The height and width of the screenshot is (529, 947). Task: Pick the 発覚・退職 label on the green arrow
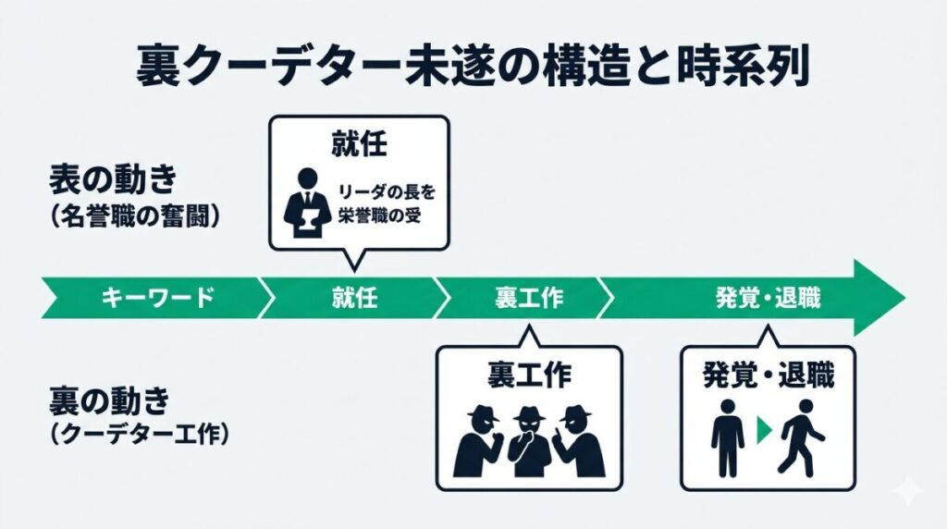[x=767, y=298]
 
